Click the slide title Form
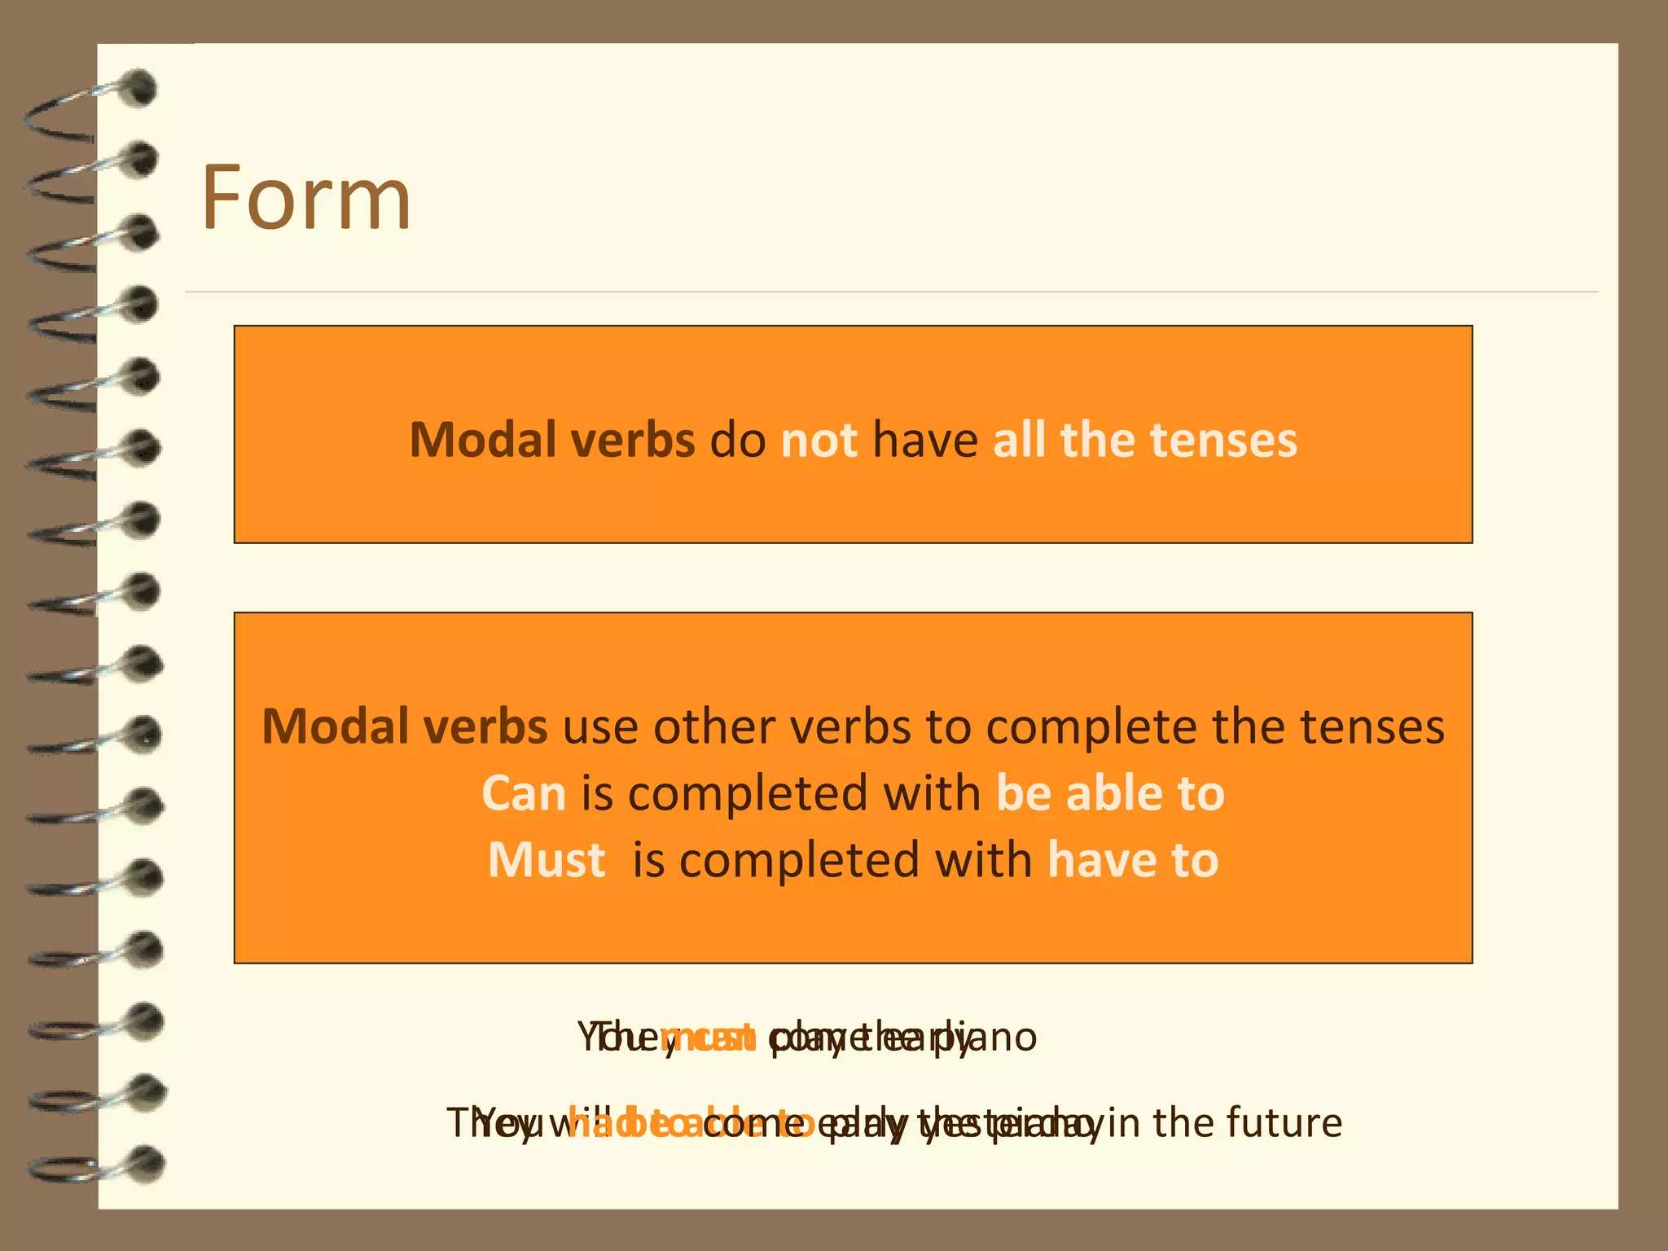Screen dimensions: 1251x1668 coord(305,198)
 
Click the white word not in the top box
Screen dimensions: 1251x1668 coord(819,441)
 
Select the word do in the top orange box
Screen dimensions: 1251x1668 coord(738,441)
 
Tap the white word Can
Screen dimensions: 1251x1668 coord(524,794)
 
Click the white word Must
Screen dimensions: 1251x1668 coord(546,861)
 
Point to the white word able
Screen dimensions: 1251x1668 coord(1113,794)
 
